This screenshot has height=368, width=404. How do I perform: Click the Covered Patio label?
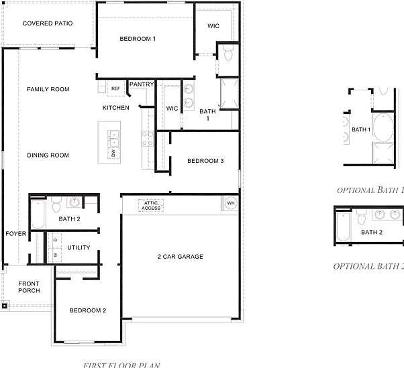47,23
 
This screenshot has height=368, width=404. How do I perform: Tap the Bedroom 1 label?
138,39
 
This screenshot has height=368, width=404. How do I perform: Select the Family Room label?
48,89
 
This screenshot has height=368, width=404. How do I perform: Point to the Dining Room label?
48,156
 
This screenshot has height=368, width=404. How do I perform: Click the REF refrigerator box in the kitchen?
115,88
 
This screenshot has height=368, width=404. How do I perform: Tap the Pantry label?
142,84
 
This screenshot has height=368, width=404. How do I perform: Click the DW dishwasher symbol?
113,154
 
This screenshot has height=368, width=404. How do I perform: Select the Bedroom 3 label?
205,161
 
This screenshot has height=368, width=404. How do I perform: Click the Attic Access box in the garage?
152,205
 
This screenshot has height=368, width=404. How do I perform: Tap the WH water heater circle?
231,202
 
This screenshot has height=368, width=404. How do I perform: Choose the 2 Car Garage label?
181,257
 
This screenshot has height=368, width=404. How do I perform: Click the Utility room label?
79,248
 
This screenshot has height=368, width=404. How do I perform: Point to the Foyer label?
15,234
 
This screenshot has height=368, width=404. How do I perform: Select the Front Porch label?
29,287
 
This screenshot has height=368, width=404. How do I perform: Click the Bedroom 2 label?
88,310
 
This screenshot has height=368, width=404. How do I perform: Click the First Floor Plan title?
121,365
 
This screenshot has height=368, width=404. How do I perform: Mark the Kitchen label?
115,108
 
